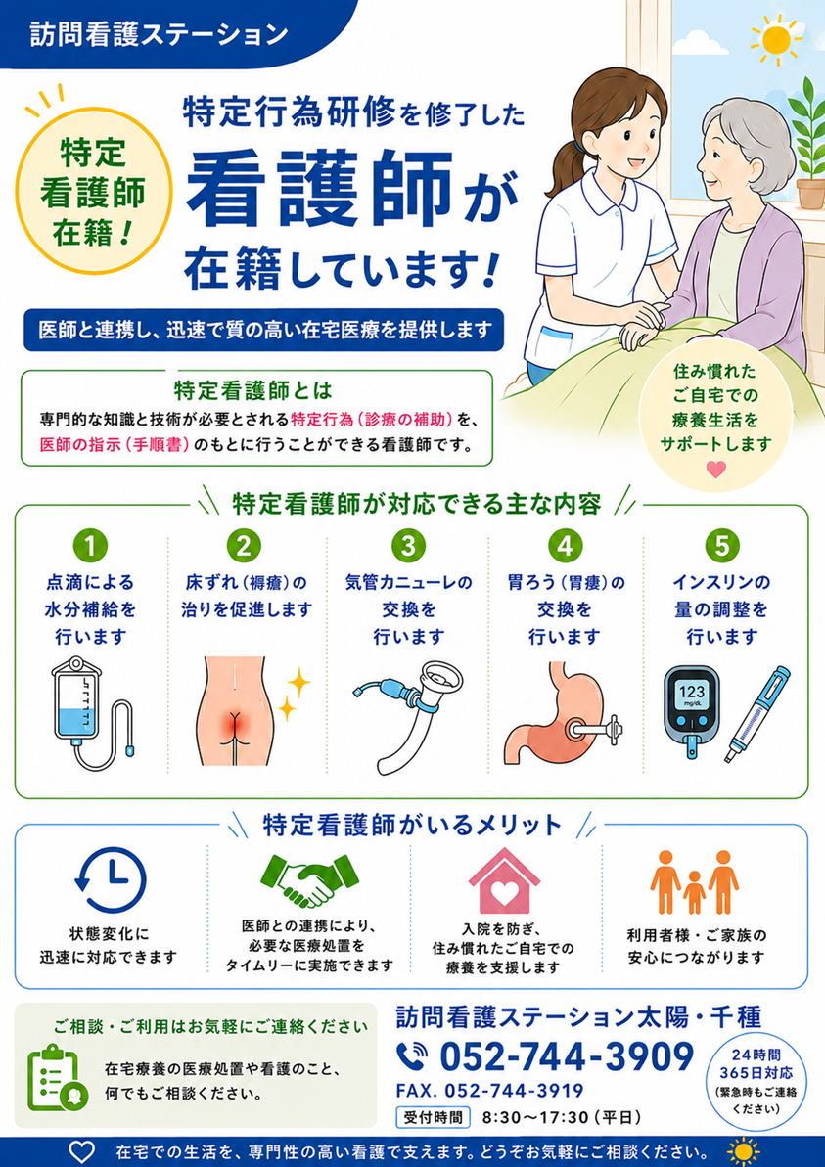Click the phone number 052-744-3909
(566, 1055)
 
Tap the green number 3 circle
(408, 546)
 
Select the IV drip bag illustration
(91, 712)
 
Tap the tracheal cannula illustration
(409, 713)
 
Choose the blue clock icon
(111, 879)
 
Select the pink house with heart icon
(504, 880)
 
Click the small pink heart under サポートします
(715, 470)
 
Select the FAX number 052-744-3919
(490, 1091)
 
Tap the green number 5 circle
(721, 546)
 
